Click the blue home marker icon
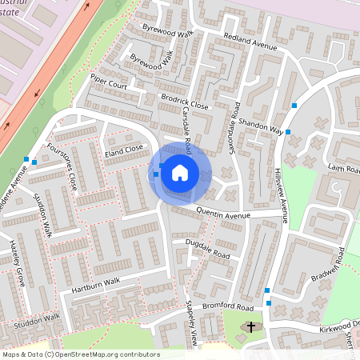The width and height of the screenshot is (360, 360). [x=179, y=172]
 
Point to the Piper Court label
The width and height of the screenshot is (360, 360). [x=110, y=82]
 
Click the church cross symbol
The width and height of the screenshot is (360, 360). [x=251, y=327]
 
